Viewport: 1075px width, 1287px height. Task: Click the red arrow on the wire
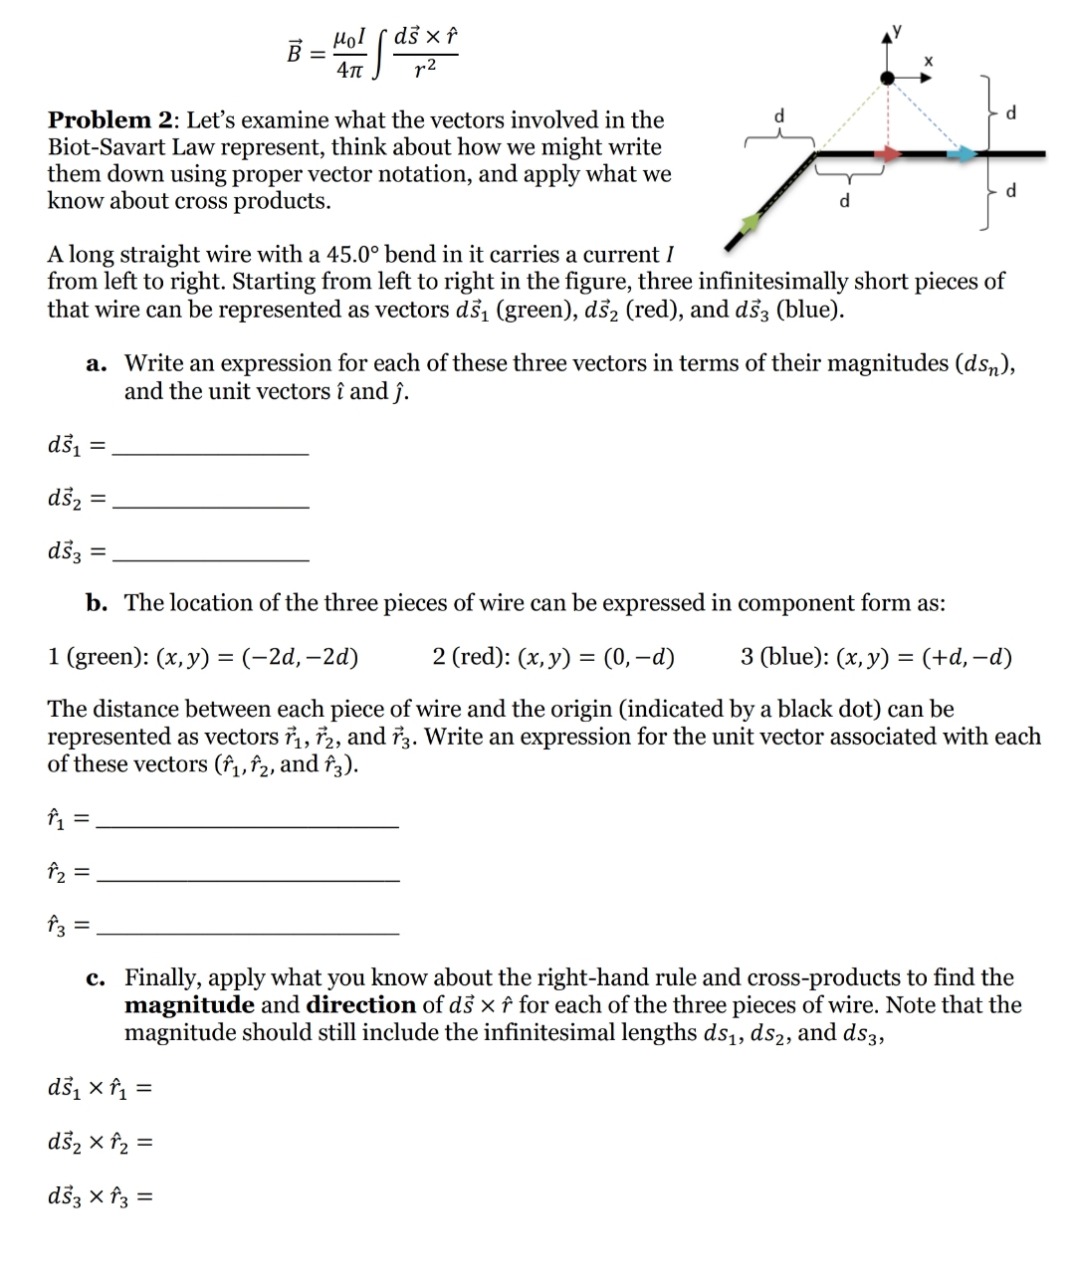point(889,153)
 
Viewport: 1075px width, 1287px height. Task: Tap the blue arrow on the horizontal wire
point(963,153)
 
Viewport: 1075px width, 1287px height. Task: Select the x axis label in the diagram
point(929,62)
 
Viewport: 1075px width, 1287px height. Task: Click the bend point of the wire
point(816,154)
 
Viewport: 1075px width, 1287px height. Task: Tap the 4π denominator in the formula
point(349,71)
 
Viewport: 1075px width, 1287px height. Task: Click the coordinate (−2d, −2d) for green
point(309,657)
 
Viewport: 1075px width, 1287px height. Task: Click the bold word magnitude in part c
point(189,1005)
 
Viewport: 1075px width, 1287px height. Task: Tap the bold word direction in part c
point(361,1005)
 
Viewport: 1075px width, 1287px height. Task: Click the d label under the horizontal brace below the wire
point(845,201)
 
